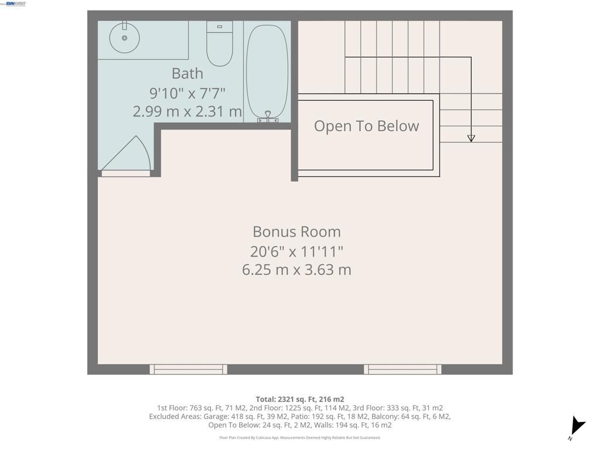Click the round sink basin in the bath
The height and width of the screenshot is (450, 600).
[124, 37]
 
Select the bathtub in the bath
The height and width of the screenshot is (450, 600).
[267, 70]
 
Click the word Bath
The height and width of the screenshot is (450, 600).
[187, 73]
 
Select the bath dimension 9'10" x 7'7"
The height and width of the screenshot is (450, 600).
[187, 93]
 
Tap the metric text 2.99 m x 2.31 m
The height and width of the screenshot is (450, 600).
[187, 111]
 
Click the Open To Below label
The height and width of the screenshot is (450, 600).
[366, 126]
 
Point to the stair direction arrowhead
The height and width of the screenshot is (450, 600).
[471, 138]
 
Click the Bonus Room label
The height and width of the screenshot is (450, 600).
[296, 231]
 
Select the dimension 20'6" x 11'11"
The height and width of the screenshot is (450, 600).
[296, 251]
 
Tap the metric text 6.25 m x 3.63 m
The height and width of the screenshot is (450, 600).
[296, 270]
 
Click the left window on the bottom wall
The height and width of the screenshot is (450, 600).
[188, 369]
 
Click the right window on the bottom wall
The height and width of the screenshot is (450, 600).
[403, 369]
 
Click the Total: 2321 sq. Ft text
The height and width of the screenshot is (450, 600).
[299, 399]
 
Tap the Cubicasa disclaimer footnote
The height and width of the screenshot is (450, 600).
[299, 438]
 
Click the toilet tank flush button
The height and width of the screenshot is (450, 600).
[220, 26]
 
